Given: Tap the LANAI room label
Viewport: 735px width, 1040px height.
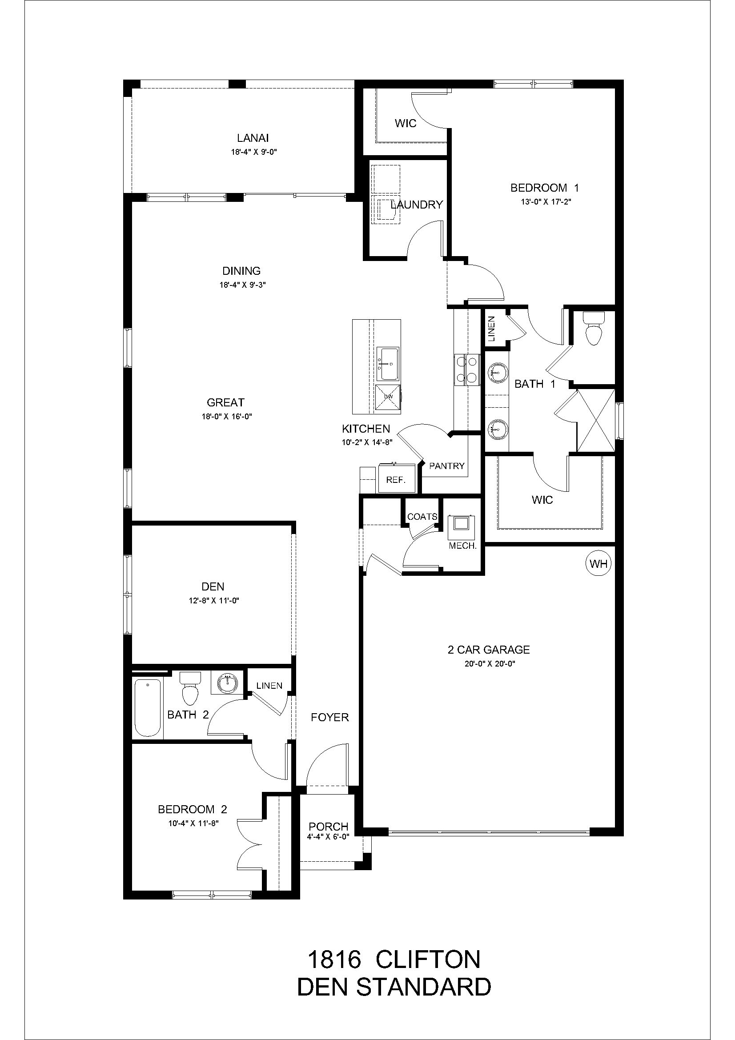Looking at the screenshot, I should [253, 138].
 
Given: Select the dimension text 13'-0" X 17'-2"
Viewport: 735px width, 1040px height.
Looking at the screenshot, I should [544, 202].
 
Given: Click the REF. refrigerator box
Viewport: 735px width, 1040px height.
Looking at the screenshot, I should [396, 480].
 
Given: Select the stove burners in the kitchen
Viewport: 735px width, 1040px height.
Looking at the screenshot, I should [467, 369].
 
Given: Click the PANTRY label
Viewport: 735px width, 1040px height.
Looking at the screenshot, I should [446, 466].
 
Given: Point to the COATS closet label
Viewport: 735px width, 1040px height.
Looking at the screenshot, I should [422, 517].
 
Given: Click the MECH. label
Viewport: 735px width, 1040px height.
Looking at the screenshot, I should [462, 546].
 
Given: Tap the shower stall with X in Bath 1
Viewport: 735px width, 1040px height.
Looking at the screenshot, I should [595, 420].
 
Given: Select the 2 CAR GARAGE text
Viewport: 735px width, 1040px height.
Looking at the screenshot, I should [488, 650].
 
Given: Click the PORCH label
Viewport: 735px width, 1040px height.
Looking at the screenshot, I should [328, 827].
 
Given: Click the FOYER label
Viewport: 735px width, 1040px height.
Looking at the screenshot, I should [329, 717].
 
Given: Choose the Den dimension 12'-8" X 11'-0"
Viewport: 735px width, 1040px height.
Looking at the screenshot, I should [213, 601].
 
